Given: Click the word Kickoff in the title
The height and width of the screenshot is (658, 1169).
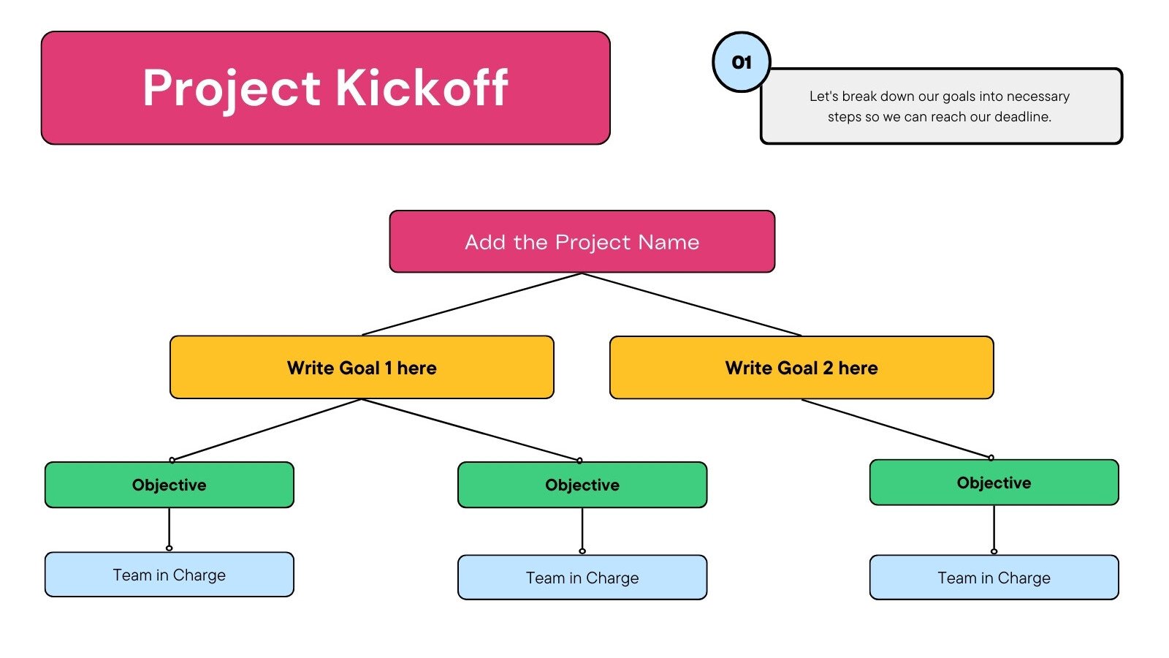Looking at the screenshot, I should [422, 88].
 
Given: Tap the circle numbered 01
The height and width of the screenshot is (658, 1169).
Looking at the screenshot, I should [742, 62].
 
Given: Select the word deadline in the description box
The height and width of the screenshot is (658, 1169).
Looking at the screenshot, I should [1021, 117].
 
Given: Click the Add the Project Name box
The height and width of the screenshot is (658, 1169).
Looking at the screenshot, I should [582, 242].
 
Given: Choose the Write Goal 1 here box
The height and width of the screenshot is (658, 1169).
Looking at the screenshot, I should [362, 368].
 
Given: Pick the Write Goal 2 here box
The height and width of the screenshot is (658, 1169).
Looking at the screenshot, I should [801, 368].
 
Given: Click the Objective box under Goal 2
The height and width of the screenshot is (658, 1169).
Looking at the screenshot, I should [994, 483].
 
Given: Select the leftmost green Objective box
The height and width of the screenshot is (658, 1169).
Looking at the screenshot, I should [169, 485].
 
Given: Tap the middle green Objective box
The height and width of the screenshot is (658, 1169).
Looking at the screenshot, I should [582, 485].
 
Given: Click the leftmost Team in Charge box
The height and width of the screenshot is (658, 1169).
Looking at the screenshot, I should [169, 575].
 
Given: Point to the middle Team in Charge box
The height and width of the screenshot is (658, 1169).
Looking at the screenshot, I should [582, 578].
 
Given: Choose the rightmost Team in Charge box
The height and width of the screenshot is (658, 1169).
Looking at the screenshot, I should [994, 578].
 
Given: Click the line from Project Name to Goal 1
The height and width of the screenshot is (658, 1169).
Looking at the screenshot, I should [471, 304].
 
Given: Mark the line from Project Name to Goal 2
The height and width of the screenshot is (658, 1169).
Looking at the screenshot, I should [692, 304].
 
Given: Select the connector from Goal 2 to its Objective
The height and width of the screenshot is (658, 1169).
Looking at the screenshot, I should [896, 428].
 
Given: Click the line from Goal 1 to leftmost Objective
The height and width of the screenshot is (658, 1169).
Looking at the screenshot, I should [267, 430].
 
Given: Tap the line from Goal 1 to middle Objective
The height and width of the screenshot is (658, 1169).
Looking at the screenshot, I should [471, 430].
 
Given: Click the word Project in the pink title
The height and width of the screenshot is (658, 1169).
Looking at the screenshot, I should [231, 88].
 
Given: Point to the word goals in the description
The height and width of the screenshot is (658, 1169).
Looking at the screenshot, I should [959, 97].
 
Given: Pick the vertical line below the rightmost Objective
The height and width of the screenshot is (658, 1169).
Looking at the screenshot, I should [994, 528].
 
